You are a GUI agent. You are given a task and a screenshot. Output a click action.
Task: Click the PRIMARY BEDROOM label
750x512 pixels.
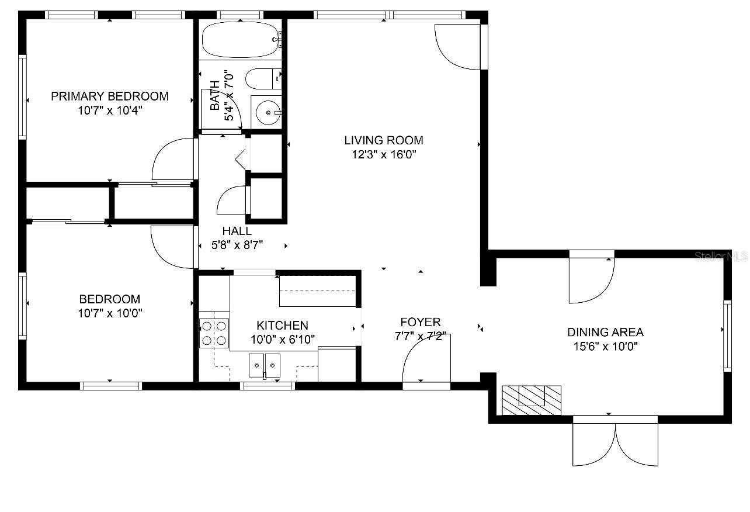point(109,96)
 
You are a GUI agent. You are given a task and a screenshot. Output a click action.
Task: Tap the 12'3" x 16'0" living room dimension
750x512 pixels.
point(384,154)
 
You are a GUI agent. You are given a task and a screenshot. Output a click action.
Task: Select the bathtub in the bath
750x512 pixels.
point(241,40)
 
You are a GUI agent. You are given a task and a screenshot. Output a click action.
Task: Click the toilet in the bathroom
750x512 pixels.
point(263,79)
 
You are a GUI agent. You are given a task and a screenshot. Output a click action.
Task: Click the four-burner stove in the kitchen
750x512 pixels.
point(214,333)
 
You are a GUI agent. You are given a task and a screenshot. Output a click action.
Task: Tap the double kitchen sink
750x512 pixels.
point(265,365)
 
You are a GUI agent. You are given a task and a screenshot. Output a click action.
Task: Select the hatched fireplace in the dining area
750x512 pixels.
point(532,400)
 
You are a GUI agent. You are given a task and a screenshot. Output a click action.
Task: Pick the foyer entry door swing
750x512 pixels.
point(426,358)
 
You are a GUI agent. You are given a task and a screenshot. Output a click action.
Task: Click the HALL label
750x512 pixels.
point(237,231)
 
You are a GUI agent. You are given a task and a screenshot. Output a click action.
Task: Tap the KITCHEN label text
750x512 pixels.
point(282,326)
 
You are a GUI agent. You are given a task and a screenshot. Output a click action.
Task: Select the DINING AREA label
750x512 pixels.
point(605,332)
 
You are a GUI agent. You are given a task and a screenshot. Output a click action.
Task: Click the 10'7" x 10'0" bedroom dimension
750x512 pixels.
point(110,313)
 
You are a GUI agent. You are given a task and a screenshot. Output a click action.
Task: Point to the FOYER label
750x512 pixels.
point(421,323)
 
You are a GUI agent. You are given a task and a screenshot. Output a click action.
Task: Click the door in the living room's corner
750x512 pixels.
point(461,47)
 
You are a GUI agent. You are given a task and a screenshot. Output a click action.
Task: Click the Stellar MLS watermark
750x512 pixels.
point(721,257)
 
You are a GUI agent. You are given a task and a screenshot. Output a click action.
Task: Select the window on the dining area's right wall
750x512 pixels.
point(727,336)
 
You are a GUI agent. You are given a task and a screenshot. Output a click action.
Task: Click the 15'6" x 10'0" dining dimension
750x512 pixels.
point(605,346)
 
